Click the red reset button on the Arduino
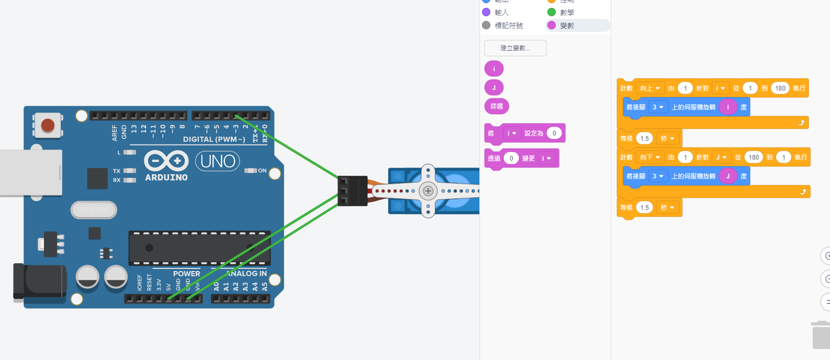coord(48,126)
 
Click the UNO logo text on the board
coord(218,161)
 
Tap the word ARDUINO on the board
coord(166,177)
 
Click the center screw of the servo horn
coord(428,191)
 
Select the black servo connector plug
coord(352,191)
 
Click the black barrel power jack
coord(39,282)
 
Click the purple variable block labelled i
coord(493,69)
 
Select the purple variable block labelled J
coord(493,87)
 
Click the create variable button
coord(515,48)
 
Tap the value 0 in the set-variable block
coord(554,133)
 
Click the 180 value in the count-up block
coord(780,88)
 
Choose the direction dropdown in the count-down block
coord(650,157)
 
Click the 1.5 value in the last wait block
coord(645,208)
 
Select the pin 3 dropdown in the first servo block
coord(657,107)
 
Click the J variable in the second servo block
coord(727,176)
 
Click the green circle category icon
coord(552,12)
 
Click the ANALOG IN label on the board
coord(247,274)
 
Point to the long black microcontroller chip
coord(199,248)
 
